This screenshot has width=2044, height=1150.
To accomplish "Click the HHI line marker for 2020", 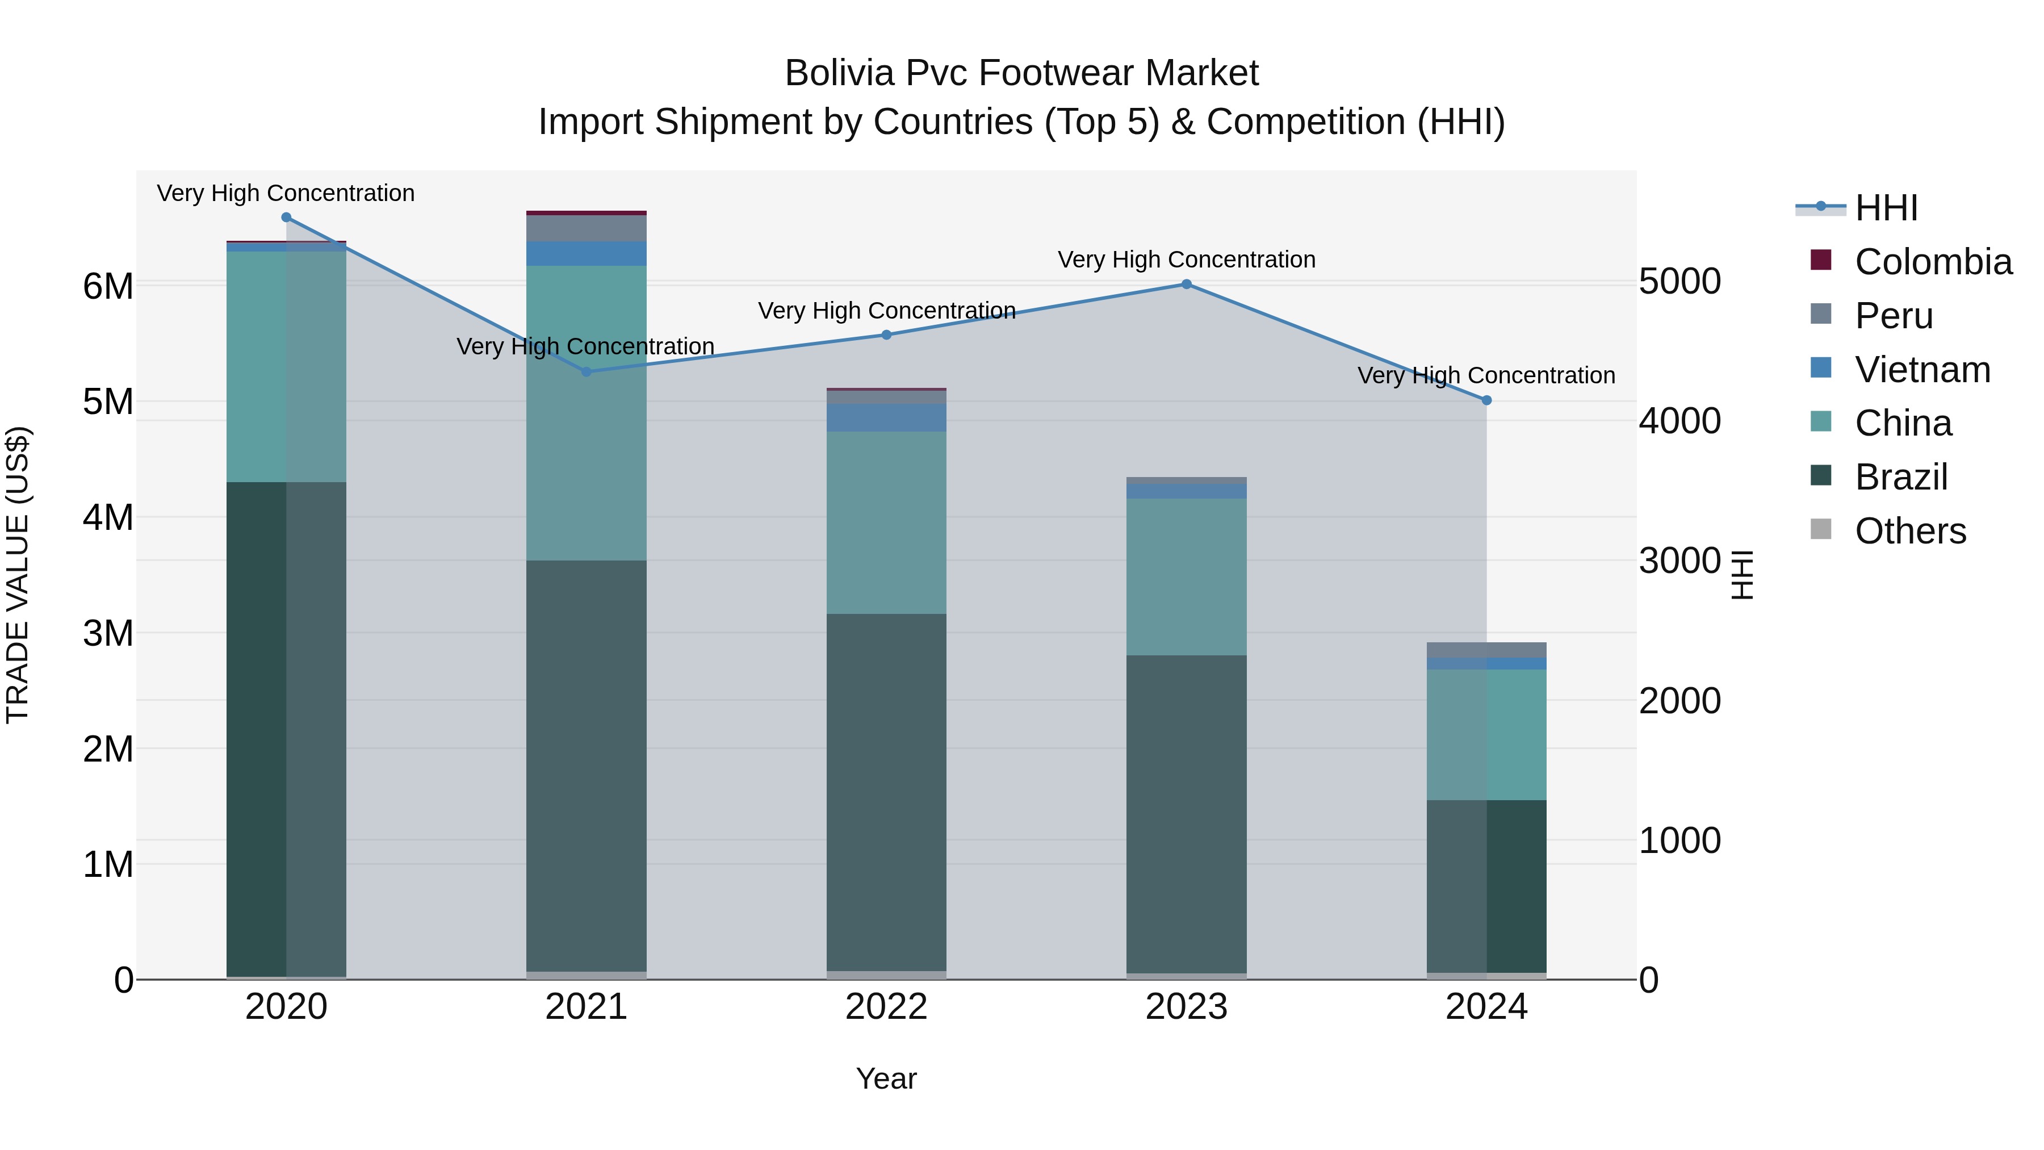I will tap(287, 218).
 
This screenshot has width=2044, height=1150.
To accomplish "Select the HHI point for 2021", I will tap(587, 371).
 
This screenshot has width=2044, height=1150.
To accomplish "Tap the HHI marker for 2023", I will tap(1186, 284).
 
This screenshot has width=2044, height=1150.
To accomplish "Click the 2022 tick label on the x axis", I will tap(886, 1007).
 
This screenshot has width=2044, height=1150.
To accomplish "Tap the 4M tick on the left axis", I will tap(108, 517).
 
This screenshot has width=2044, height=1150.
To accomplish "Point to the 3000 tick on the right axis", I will tap(1680, 561).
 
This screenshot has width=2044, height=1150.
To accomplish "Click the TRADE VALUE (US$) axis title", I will tap(18, 575).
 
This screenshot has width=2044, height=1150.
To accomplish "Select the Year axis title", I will tap(886, 1078).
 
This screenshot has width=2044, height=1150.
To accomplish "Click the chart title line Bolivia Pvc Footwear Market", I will tap(1021, 73).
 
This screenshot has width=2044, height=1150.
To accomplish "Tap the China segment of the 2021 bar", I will tap(587, 413).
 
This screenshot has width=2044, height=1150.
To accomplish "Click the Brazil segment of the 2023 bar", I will tap(1186, 813).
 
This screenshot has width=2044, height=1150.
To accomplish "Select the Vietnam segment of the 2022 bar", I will tap(886, 417).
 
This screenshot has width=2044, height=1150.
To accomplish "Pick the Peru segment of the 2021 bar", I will tap(587, 228).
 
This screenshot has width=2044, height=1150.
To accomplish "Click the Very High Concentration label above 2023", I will tap(1186, 260).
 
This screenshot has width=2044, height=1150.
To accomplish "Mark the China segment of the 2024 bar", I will tap(1486, 734).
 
